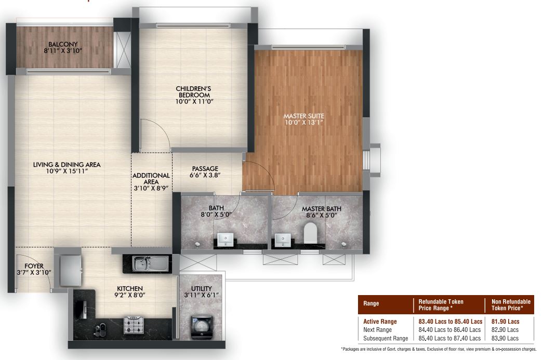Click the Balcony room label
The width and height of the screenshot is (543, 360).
tap(63, 44)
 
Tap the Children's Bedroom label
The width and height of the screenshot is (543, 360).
tap(194, 92)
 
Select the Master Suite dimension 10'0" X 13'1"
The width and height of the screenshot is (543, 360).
tap(304, 123)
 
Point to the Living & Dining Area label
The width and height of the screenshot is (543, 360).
tap(67, 165)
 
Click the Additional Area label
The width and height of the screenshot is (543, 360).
tap(151, 179)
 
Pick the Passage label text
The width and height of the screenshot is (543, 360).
tap(205, 169)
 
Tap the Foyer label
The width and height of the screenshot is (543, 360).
tap(34, 266)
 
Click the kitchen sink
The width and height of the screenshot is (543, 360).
tap(147, 263)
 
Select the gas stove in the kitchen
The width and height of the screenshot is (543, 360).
tap(134, 325)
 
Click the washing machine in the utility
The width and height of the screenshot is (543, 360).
tap(202, 327)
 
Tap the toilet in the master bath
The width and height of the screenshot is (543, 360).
tap(310, 233)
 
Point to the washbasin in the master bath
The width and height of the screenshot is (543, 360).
tap(283, 240)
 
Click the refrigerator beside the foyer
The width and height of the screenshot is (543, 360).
tap(70, 271)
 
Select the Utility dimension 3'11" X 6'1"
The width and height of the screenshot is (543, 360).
tap(202, 295)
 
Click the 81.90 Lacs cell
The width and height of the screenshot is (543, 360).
tap(505, 322)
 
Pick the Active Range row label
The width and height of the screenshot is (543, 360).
tap(380, 322)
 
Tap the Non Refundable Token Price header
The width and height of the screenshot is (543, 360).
tap(511, 305)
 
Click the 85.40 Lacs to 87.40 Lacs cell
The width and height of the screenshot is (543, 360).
tap(449, 338)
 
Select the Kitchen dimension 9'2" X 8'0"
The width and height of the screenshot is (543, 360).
tap(130, 295)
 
